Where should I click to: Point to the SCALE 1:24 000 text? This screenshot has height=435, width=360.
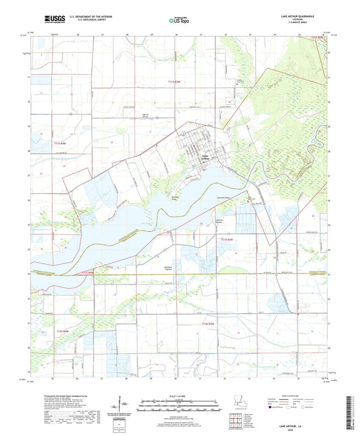pyautogui.click(x=178, y=395)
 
